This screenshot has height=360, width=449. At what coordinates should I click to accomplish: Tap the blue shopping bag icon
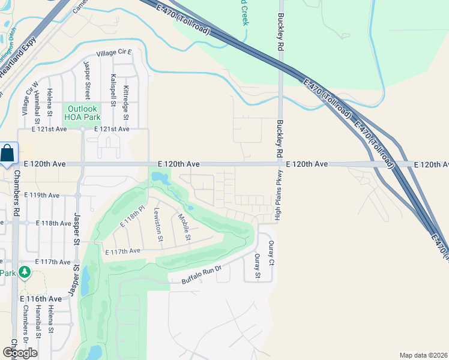pyautogui.click(x=7, y=153)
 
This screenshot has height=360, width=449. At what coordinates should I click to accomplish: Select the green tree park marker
pyautogui.click(x=25, y=272)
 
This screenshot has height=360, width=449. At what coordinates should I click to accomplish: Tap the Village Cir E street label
pyautogui.click(x=110, y=53)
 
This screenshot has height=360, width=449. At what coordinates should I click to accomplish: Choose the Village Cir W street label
pyautogui.click(x=26, y=98)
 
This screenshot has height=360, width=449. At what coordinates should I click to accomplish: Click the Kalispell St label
pyautogui.click(x=113, y=91)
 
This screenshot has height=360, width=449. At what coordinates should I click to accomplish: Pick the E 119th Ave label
pyautogui.click(x=41, y=196)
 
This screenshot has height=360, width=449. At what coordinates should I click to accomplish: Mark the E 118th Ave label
pyautogui.click(x=53, y=223)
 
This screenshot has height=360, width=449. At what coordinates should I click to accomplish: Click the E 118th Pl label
pyautogui.click(x=133, y=215)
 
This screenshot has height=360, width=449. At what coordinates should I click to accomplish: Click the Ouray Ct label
pyautogui.click(x=271, y=253)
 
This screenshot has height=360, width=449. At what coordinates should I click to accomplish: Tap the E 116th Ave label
pyautogui.click(x=41, y=299)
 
